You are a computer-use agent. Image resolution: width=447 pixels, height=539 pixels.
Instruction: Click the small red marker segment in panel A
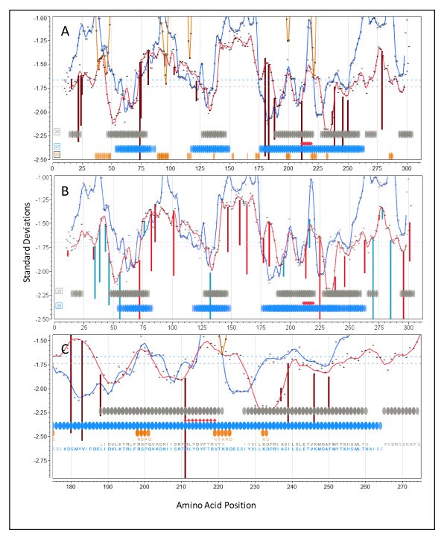[307, 143]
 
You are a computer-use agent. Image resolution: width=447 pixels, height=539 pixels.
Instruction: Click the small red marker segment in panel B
[308, 303]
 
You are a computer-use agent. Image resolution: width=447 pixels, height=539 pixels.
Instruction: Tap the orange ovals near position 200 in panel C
[143, 433]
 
